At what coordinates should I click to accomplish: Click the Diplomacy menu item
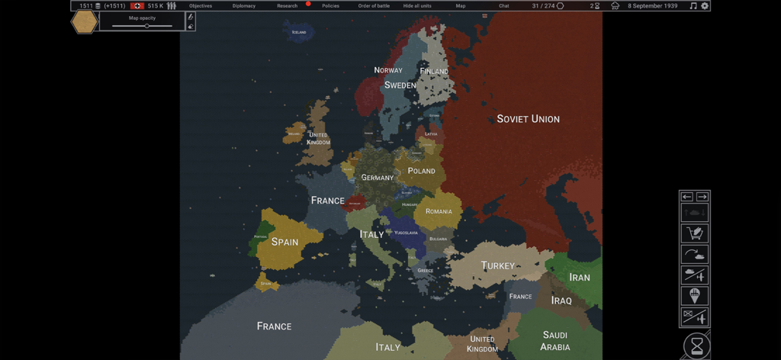(x=244, y=6)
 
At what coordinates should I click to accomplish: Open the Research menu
(x=288, y=6)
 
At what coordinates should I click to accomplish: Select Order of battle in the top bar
(x=374, y=6)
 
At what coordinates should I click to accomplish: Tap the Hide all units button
(x=417, y=6)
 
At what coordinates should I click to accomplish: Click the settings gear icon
(x=705, y=6)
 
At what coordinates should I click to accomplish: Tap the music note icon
(x=693, y=6)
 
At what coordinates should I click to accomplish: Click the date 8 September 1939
(x=652, y=6)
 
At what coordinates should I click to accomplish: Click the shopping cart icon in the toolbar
(x=695, y=233)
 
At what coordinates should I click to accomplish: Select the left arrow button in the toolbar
(x=687, y=197)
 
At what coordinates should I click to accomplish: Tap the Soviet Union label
(x=528, y=119)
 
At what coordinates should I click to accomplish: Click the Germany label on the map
(x=378, y=178)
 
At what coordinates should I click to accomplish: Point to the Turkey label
(x=498, y=265)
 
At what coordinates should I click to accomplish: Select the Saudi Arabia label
(x=555, y=341)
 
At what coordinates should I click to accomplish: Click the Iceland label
(x=299, y=32)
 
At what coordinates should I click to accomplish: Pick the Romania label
(x=439, y=211)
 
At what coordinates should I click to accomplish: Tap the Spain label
(x=284, y=242)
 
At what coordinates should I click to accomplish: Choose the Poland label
(x=421, y=171)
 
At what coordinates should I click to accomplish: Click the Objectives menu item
(x=201, y=6)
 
